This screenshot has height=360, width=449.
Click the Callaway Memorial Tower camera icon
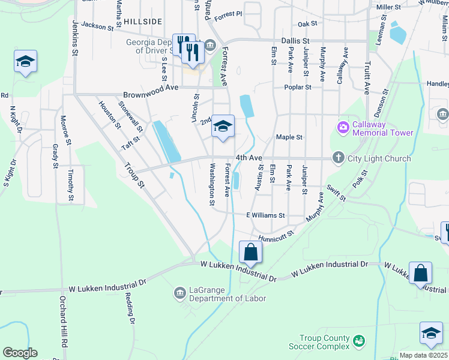point(343,127)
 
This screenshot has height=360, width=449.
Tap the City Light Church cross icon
point(338,158)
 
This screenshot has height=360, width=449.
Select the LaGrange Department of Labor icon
point(179,293)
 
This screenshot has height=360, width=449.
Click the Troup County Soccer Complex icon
point(359,341)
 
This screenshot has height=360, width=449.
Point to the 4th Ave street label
point(249,157)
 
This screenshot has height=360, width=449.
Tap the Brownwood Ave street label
point(151,95)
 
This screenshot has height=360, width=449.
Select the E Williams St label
point(265,214)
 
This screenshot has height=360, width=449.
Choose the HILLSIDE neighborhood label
point(143,21)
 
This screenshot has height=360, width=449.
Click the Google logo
point(20,353)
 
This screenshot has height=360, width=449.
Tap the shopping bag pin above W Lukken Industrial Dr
point(251,253)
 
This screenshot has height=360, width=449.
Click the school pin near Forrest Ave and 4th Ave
point(223,127)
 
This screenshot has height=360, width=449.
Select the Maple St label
point(289,137)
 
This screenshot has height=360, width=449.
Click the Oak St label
point(307,23)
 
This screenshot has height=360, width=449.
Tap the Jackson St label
point(97,26)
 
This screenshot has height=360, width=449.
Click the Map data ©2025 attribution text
point(423,355)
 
